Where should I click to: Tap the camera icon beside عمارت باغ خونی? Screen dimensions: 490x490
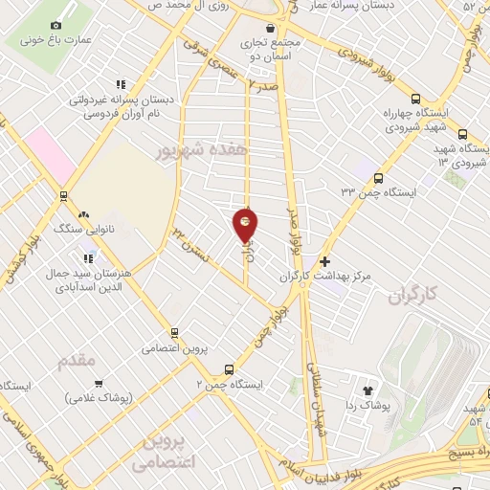(56, 25)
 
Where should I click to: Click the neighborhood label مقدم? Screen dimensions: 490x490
(78, 361)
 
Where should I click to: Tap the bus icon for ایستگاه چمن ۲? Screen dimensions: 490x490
(228, 369)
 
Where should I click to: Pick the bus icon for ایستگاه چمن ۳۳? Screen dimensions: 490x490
(379, 178)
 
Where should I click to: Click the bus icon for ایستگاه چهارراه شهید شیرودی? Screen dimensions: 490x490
(416, 99)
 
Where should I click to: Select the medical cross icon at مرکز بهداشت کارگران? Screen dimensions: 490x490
(324, 260)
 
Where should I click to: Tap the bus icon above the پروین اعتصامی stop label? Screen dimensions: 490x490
(174, 332)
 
